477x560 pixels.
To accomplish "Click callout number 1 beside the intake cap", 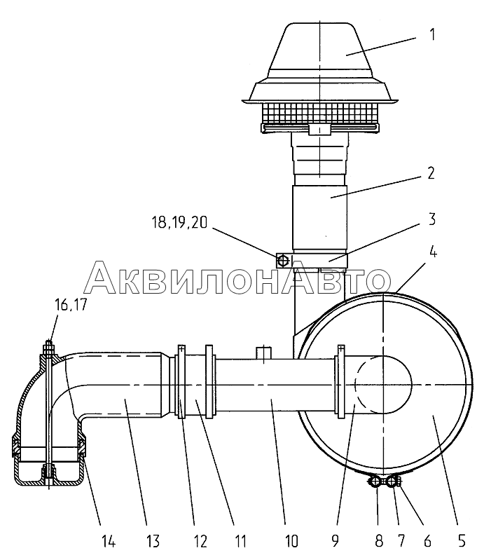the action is click(x=432, y=35).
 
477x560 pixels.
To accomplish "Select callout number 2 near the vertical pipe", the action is click(x=431, y=173).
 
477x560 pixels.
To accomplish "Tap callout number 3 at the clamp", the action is click(x=431, y=219).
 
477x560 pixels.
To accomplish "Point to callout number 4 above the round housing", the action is click(x=432, y=252).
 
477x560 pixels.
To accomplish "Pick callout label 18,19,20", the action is click(x=179, y=223).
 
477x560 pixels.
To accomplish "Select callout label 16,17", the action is click(x=71, y=306).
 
